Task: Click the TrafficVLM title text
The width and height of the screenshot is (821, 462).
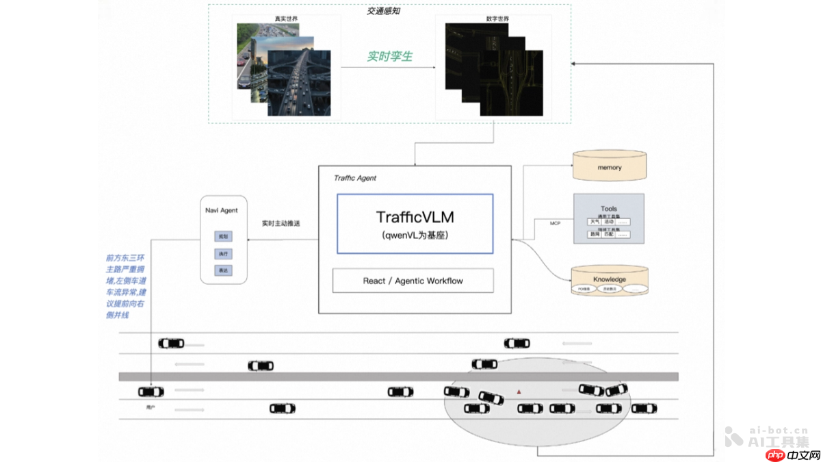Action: pos(415,217)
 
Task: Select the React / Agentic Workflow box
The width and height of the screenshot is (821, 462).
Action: pos(413,281)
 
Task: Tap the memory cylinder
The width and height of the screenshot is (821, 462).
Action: pos(609,168)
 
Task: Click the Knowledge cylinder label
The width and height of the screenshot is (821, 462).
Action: pos(609,279)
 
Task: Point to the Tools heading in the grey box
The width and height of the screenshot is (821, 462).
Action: pos(609,209)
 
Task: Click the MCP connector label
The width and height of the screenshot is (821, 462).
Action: pos(556,223)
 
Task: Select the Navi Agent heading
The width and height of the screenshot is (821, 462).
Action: pos(222,210)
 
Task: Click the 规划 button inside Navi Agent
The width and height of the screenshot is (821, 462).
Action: pos(223,236)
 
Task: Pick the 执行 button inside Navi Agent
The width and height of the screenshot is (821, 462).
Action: pos(223,254)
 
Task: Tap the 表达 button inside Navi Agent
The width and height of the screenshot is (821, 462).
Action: pos(223,271)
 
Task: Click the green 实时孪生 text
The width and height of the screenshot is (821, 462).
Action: pos(389,56)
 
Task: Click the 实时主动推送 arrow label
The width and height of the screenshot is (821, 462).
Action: pos(281,223)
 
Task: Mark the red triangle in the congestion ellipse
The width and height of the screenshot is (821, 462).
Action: pos(519,392)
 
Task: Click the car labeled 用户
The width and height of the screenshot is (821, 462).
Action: pos(151,392)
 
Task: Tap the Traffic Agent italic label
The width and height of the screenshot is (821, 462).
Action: pos(354,178)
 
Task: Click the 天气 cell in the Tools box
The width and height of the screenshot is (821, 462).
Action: pos(595,222)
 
